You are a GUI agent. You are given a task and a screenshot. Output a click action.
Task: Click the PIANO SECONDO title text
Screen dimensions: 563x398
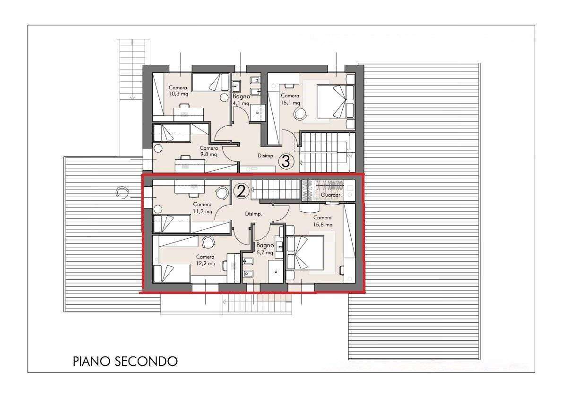(x=125, y=361)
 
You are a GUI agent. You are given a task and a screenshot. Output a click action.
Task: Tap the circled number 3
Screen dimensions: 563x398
(x=286, y=161)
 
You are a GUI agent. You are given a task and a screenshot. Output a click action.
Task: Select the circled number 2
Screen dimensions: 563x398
(x=241, y=191)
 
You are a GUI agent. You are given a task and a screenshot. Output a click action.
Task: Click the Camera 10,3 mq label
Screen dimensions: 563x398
(x=178, y=91)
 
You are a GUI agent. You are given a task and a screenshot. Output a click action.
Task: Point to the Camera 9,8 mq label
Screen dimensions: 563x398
(x=208, y=151)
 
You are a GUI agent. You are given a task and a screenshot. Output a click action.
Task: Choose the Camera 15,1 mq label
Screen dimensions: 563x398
(x=290, y=99)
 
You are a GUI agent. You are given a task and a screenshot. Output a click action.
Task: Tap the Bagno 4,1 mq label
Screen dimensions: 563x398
(x=241, y=100)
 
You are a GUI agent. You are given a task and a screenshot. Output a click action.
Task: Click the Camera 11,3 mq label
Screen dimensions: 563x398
(x=202, y=208)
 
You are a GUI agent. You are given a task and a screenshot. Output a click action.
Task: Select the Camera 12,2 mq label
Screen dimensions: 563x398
(x=205, y=260)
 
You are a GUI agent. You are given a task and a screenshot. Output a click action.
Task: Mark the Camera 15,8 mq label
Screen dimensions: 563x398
(x=322, y=221)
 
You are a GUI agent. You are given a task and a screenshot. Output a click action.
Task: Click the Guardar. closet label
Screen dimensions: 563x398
(x=331, y=195)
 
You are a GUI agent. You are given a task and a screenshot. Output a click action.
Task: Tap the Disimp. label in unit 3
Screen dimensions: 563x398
(x=266, y=156)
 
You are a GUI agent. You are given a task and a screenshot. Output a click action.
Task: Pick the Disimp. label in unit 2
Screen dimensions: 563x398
(x=253, y=214)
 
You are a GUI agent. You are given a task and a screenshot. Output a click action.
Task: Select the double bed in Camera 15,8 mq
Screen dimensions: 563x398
(x=305, y=252)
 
